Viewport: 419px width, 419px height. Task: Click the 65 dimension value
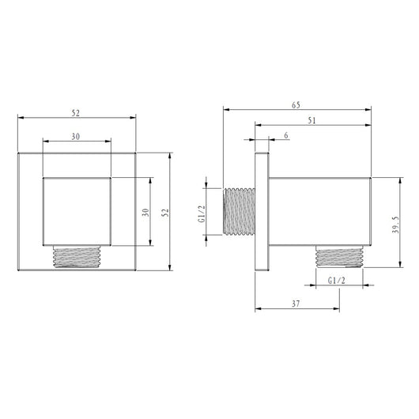point(296,105)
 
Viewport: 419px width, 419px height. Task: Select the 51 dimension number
point(311,120)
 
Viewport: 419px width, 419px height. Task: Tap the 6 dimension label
point(286,135)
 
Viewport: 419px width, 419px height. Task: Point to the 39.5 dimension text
point(395,225)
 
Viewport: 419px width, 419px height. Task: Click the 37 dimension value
point(296,304)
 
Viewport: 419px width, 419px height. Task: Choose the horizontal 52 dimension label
point(76,113)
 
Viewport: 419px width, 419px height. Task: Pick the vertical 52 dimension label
point(165,213)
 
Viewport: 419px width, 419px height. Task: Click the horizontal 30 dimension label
point(76,137)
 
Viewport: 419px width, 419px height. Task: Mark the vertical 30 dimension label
point(145,213)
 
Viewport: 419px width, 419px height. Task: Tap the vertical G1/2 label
point(202,213)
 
